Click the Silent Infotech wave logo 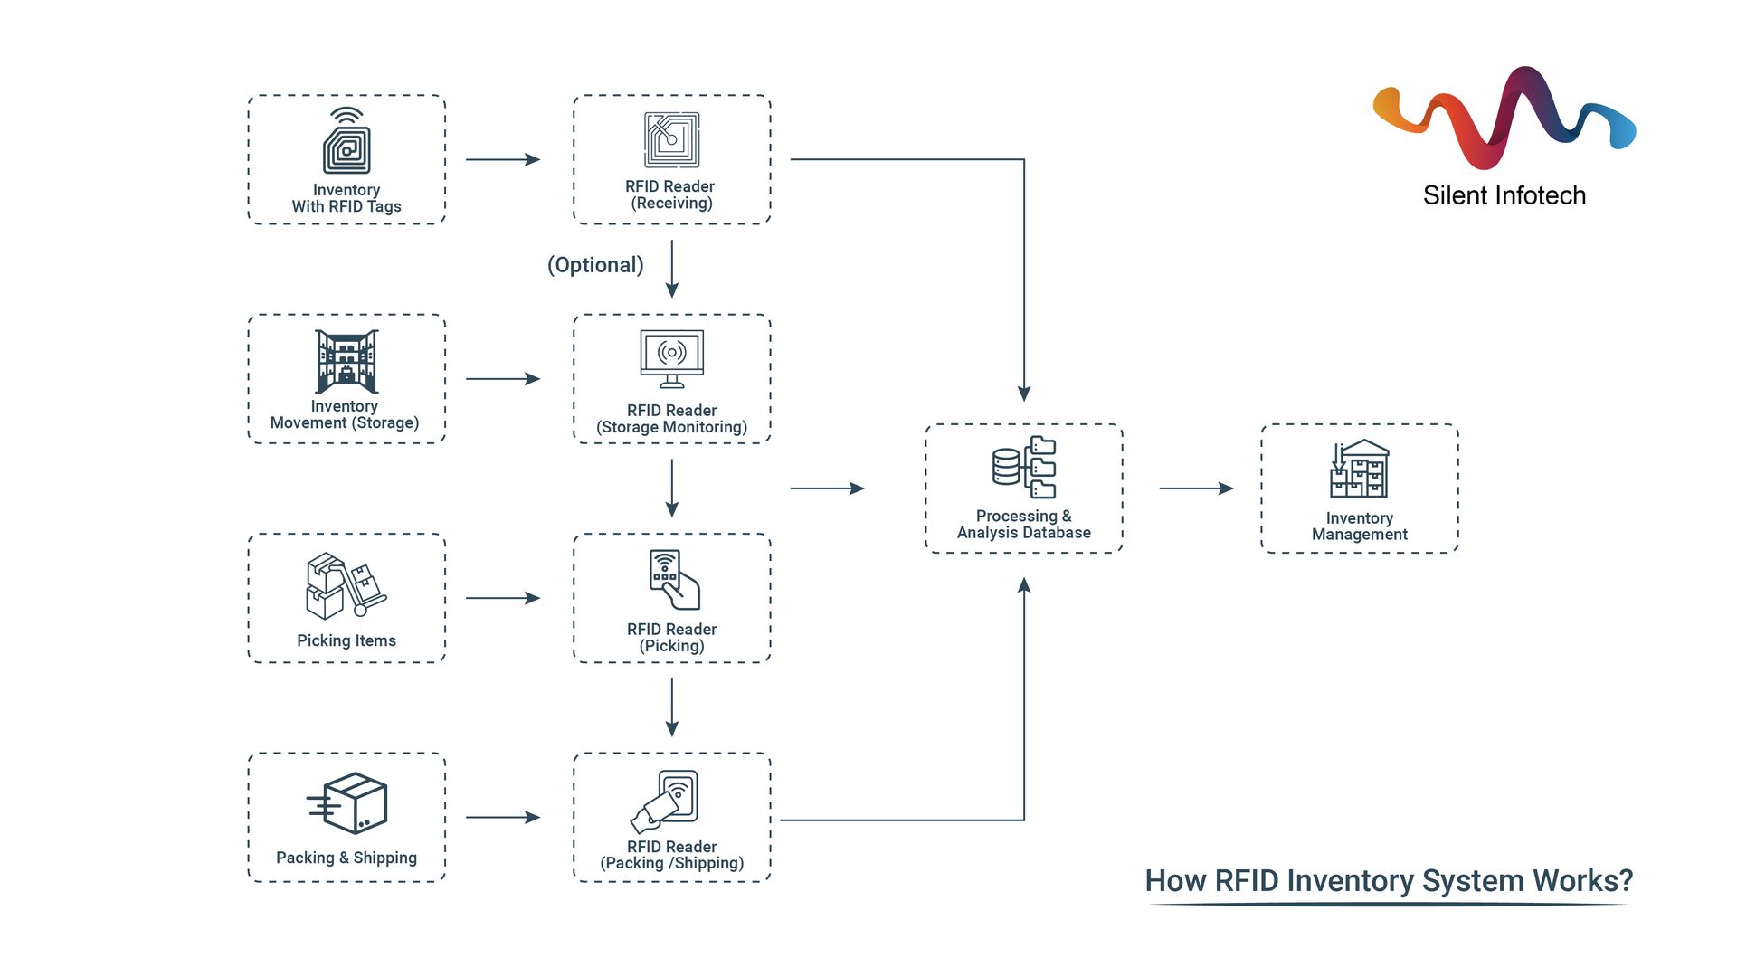tap(1504, 118)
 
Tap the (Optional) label tap(595, 265)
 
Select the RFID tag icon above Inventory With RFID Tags tap(346, 142)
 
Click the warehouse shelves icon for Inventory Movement tap(346, 360)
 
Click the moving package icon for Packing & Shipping tap(347, 802)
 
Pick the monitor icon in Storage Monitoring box tap(671, 358)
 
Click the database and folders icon tap(1024, 467)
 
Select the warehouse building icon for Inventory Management tap(1359, 469)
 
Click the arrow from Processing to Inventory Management tap(1195, 488)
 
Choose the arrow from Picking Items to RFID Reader tap(502, 598)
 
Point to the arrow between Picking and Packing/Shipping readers tap(671, 707)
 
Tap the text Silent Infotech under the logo tap(1504, 195)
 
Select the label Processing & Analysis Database tap(1024, 525)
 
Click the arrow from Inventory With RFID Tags tap(502, 159)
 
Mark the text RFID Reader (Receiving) tap(670, 194)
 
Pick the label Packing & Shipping tap(346, 858)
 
